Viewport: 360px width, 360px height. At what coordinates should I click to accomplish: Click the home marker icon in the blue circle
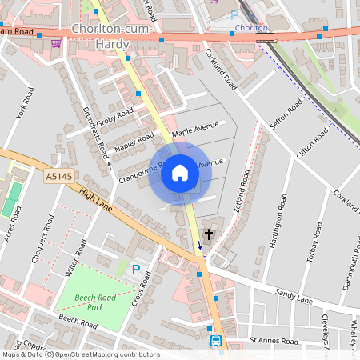coord(180,173)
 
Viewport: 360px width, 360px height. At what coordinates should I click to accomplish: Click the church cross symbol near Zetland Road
coord(209,234)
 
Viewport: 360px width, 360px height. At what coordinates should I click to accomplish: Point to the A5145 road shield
coord(58,176)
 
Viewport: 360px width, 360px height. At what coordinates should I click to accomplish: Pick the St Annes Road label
coord(274,341)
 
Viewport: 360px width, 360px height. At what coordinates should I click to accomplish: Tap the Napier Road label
coord(134,142)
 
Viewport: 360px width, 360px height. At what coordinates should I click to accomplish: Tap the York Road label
coord(23,98)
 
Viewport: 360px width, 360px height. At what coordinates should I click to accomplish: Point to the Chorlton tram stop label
coord(252,28)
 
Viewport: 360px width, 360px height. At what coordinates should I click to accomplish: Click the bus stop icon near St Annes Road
coord(216,341)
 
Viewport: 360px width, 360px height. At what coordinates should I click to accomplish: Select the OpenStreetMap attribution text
coord(81,354)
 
